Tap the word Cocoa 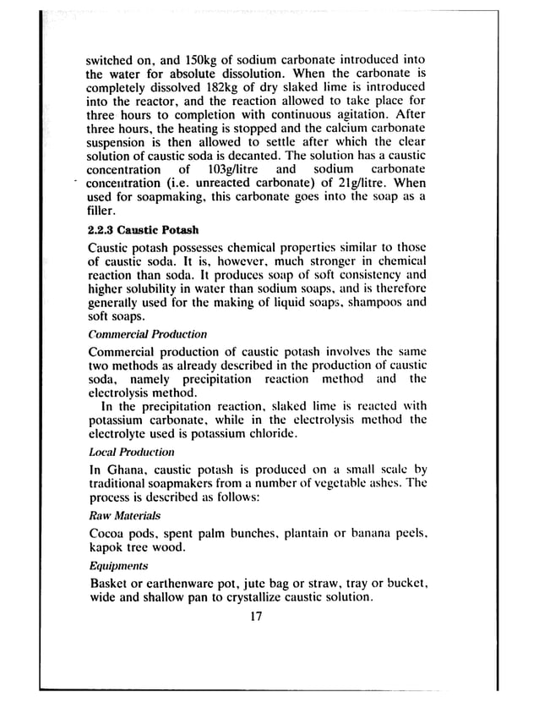[109, 534]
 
